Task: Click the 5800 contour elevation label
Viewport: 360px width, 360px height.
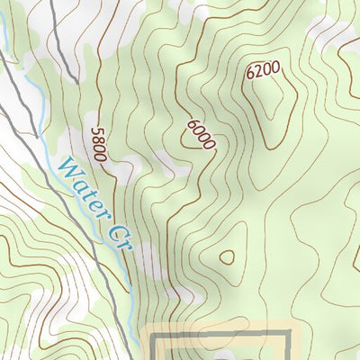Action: tap(98, 144)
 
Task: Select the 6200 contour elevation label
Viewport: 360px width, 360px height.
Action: tap(262, 69)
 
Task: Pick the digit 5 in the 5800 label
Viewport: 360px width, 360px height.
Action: tap(96, 131)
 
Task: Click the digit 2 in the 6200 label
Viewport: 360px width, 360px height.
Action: tap(257, 71)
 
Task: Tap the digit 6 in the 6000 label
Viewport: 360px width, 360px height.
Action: tap(191, 124)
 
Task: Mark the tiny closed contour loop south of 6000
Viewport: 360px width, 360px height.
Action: tap(227, 257)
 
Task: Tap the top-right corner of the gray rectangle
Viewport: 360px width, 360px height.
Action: tap(288, 335)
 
